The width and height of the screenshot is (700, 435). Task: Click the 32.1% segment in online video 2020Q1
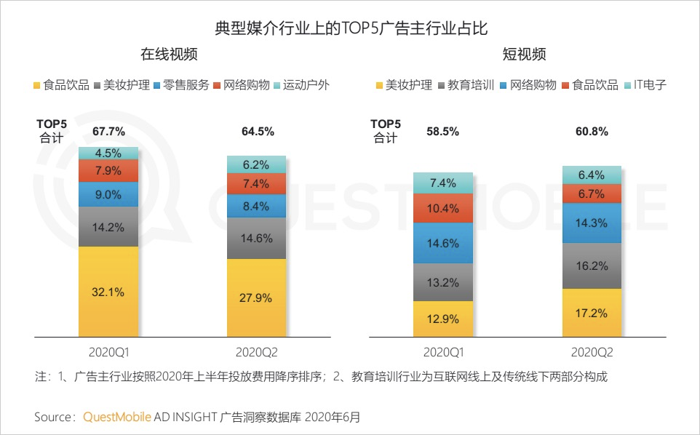pos(108,292)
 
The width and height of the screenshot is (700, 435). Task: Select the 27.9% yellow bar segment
pos(257,298)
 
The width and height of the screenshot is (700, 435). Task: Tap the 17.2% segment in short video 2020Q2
pos(592,313)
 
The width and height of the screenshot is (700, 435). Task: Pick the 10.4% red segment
pos(444,208)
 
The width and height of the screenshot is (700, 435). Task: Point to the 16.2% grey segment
pos(592,266)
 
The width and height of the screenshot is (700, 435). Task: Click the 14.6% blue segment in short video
pos(444,244)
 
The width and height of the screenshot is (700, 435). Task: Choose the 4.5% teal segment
pos(108,153)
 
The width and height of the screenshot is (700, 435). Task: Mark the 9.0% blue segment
pos(108,194)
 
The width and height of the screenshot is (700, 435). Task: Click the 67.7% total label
pos(108,132)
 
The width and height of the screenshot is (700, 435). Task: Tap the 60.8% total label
pos(592,132)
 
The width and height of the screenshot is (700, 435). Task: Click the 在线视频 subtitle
pos(170,55)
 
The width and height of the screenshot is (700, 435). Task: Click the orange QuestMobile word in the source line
pos(117,417)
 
